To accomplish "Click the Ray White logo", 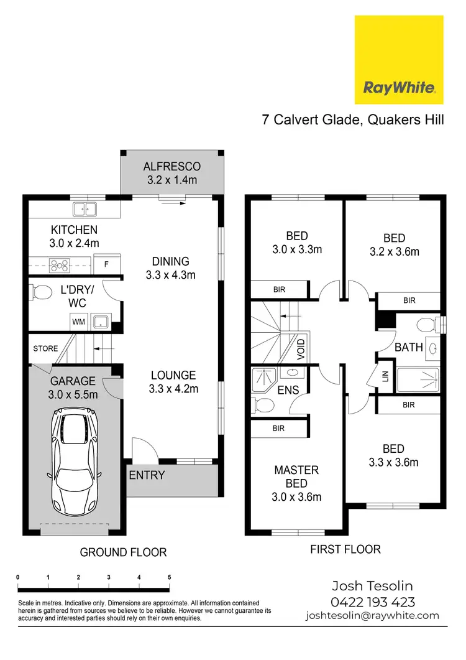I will pyautogui.click(x=398, y=60).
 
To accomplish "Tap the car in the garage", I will pyautogui.click(x=74, y=459).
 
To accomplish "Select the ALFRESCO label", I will pyautogui.click(x=171, y=167).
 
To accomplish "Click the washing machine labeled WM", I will pyautogui.click(x=78, y=322).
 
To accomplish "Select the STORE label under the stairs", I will pyautogui.click(x=45, y=349).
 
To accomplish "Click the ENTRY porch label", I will pyautogui.click(x=147, y=475).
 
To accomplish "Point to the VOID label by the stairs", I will pyautogui.click(x=301, y=350).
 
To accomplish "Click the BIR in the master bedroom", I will pyautogui.click(x=278, y=428).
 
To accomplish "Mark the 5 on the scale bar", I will pyautogui.click(x=170, y=577).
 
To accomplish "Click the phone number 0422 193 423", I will pyautogui.click(x=373, y=602).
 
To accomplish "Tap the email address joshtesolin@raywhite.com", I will pyautogui.click(x=372, y=616).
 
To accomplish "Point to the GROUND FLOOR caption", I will pyautogui.click(x=123, y=552).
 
